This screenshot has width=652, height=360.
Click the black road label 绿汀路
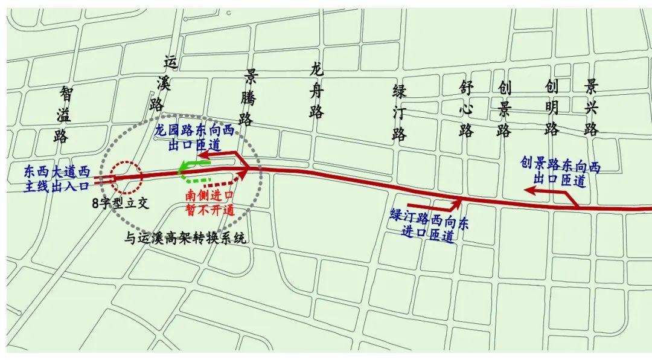coord(399,112)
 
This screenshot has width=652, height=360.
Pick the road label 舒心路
coord(465,109)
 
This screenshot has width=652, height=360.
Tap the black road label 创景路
coord(505,109)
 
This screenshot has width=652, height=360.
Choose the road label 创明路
coord(551,109)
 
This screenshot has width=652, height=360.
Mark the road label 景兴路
coord(591,109)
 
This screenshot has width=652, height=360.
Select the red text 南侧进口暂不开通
coord(210,203)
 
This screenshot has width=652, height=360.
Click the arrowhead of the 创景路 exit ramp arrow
coord(528,191)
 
